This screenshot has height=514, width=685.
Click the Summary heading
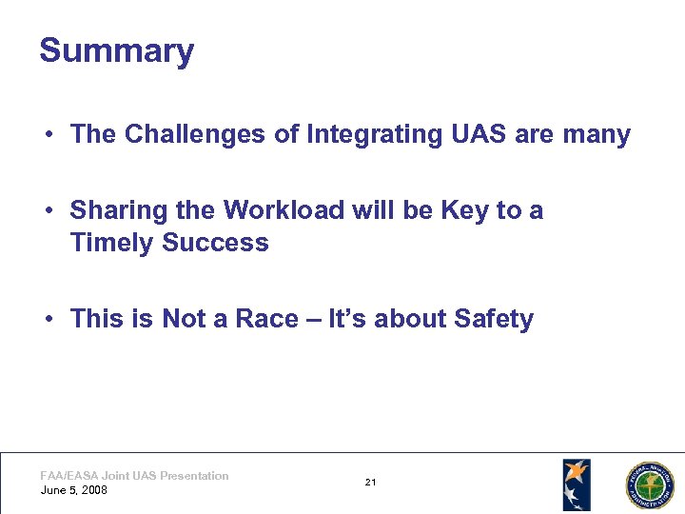[x=116, y=50]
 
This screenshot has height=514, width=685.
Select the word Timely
[x=112, y=243]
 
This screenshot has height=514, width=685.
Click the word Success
[x=215, y=243]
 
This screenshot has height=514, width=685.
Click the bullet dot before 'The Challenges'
[x=47, y=135]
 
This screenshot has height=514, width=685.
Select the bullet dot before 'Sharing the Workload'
[x=47, y=210]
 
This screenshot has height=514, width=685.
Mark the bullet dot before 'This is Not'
[x=47, y=320]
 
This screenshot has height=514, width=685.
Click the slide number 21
[x=370, y=483]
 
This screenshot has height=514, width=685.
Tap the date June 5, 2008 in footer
[x=74, y=490]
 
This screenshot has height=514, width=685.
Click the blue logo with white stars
[x=576, y=484]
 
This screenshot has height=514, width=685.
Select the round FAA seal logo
[x=648, y=485]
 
